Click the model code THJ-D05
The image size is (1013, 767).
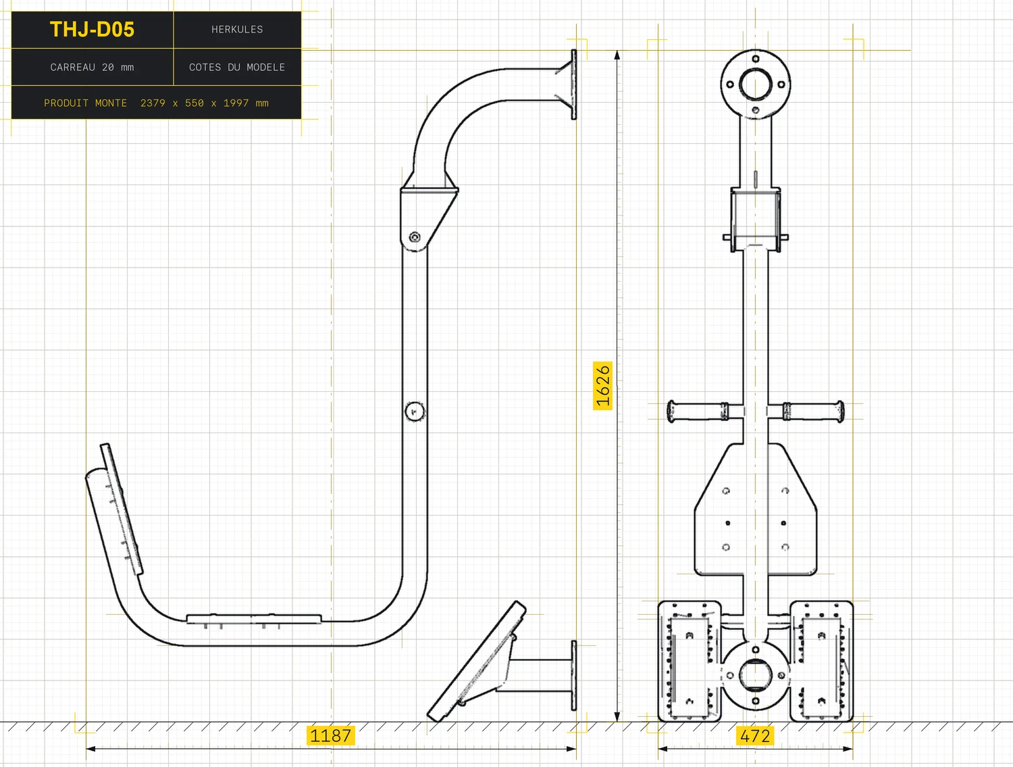92,30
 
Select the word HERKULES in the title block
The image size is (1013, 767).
237,30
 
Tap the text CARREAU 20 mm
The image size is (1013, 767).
92,68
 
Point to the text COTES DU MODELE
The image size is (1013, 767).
237,68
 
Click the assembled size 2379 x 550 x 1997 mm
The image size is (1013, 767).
205,103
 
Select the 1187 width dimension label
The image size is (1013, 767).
330,736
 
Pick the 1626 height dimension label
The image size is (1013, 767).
602,386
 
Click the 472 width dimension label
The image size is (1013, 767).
755,736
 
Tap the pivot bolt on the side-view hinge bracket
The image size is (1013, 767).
415,237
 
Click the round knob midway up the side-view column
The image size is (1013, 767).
415,411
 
